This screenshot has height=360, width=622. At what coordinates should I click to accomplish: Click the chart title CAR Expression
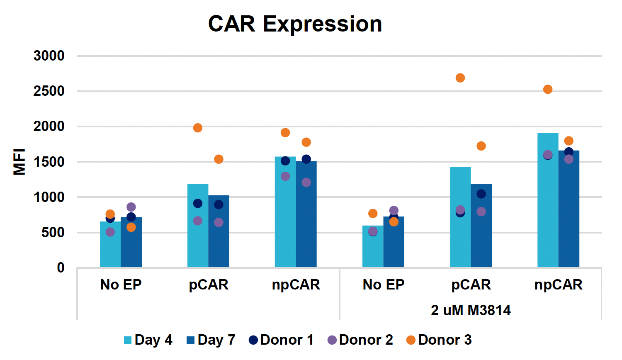[295, 24]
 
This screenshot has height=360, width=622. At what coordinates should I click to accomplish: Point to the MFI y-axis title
[19, 162]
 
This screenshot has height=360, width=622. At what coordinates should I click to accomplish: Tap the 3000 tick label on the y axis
[49, 56]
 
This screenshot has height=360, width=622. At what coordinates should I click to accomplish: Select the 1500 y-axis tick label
[49, 162]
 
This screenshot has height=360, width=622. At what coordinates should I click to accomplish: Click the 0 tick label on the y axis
[61, 268]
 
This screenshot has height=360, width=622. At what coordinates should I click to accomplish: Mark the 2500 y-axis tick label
[49, 91]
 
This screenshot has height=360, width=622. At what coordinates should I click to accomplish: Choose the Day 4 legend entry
[148, 340]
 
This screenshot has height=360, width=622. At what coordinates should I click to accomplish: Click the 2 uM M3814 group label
[471, 310]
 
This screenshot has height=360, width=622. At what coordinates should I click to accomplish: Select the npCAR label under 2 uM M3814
[558, 285]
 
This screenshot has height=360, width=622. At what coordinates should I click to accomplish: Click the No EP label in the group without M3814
[121, 285]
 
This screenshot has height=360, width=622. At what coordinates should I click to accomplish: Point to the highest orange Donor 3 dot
[460, 78]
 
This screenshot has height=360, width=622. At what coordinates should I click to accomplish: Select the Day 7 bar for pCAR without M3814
[219, 241]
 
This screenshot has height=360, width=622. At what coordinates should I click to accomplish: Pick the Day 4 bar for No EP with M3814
[373, 249]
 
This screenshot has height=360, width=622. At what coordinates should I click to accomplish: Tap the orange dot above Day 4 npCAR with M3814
[548, 89]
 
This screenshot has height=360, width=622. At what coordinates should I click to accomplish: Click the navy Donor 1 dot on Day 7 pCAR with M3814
[481, 194]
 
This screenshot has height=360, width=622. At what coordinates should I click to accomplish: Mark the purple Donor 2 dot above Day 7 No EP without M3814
[131, 207]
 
